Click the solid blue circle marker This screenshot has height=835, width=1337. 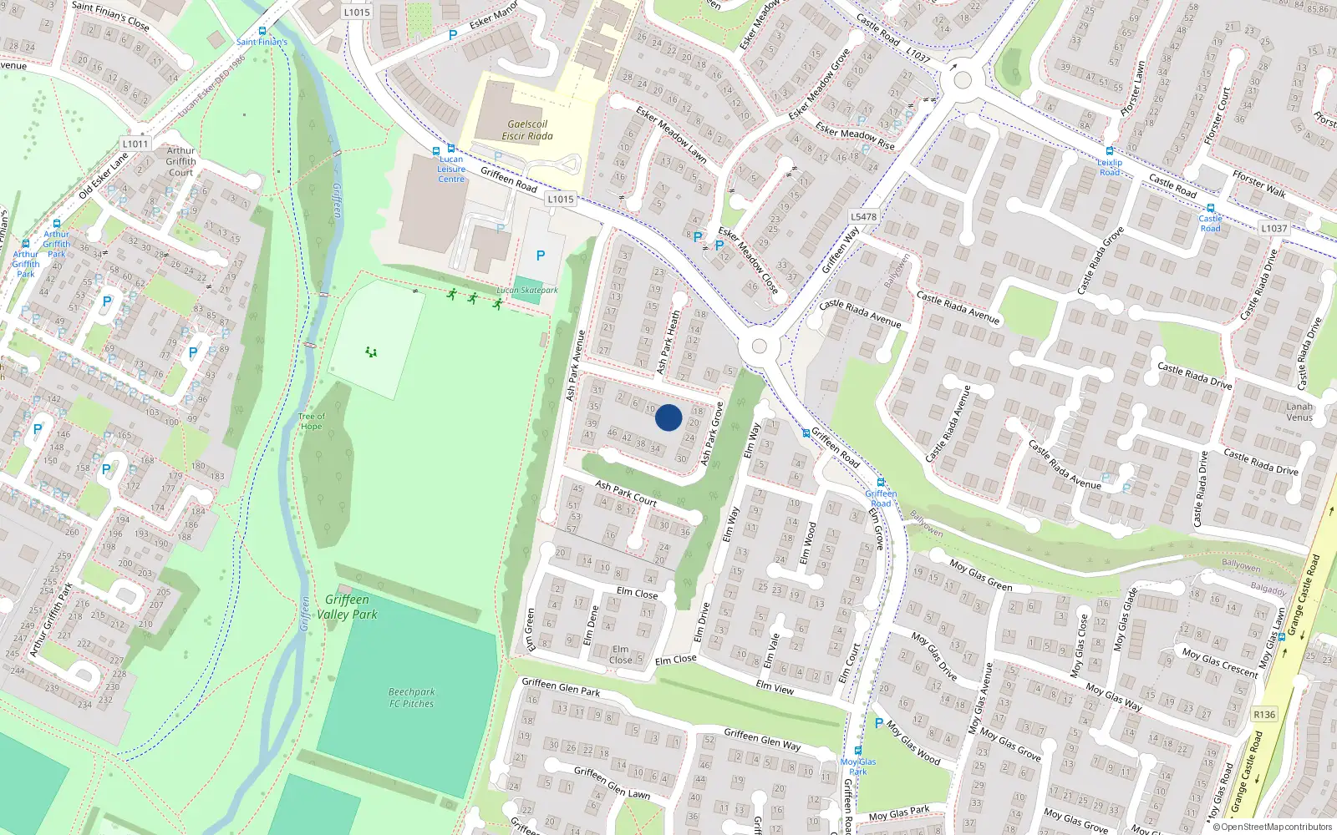pos(668,417)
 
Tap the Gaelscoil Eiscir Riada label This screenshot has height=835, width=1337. pos(527,130)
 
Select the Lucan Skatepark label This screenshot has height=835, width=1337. pos(527,291)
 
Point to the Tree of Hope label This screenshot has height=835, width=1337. pos(311,421)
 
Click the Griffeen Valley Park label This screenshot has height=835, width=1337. pos(348,607)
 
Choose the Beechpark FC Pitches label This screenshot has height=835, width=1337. pos(411,698)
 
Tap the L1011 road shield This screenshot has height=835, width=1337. pos(135,144)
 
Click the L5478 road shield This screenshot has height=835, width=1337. pos(864,217)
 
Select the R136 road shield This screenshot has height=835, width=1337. pos(1264,715)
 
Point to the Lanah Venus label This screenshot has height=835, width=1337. pos(1299,412)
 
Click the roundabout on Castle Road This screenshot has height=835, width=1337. pos(963,80)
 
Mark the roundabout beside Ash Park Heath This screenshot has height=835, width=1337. pos(760,347)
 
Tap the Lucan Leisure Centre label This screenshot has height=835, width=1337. pos(451,169)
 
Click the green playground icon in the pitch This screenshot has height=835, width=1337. pos(371,352)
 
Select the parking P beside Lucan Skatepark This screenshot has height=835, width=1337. pos(541,256)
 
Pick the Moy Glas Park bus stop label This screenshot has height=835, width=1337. pos(858,767)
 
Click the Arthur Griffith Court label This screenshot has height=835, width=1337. pos(180,162)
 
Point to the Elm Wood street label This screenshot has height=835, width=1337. pos(808,543)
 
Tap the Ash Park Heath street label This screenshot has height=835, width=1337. pos(668,342)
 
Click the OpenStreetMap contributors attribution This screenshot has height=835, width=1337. pos(1276,827)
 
